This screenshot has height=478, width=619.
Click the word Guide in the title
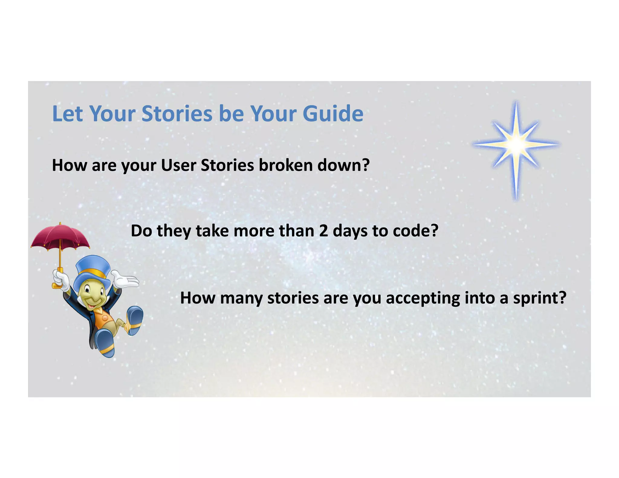point(333,114)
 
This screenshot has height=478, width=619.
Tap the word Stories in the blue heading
point(177,114)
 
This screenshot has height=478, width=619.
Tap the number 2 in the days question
point(323,231)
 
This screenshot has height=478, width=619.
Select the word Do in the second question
point(141,231)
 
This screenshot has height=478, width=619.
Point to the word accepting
point(423,298)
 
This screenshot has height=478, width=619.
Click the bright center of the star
point(516,145)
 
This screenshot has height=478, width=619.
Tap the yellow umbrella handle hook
point(56,285)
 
